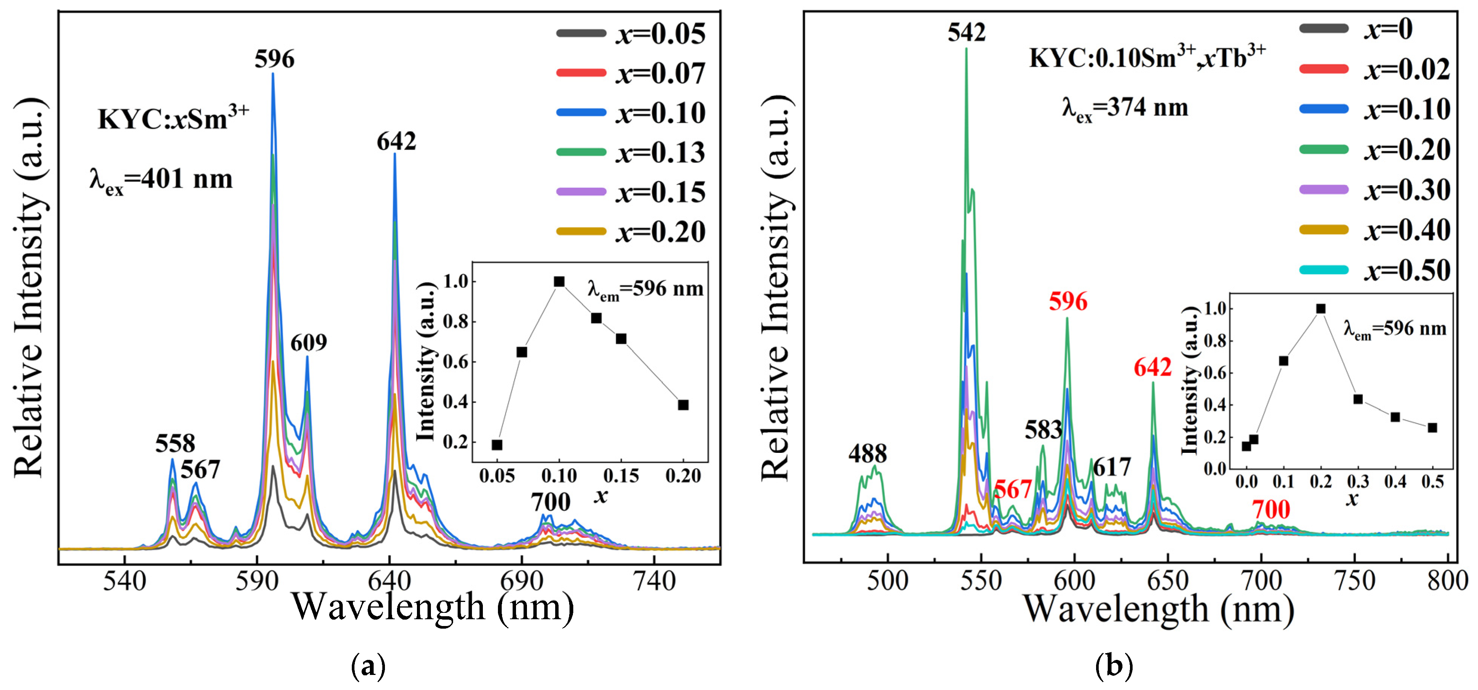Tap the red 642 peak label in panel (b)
(1153, 367)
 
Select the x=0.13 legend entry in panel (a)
(631, 152)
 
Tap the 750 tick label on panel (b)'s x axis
(1355, 581)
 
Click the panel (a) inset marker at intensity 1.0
(559, 282)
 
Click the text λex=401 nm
(161, 180)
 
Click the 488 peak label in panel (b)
(867, 454)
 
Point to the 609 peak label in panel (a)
(309, 343)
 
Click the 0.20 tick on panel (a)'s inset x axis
(683, 475)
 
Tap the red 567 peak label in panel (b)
(1013, 489)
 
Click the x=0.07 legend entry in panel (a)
(631, 73)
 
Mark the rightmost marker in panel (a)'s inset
(683, 405)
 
